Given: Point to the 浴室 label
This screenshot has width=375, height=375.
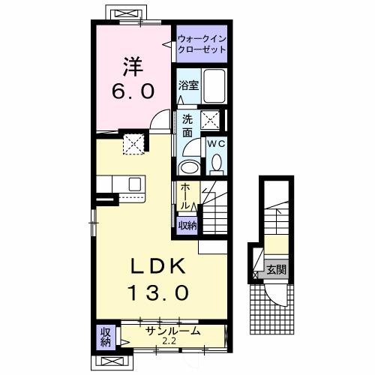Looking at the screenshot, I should coord(187,86).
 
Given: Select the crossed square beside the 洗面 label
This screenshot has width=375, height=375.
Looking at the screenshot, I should coord(212,118).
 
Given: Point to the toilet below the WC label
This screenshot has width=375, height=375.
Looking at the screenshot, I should coord(216,162).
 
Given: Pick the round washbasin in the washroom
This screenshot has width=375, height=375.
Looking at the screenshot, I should coord(190,166).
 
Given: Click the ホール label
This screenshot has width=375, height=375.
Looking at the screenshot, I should coord(184,196).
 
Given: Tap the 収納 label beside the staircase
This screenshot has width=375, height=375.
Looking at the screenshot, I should coord(187,224).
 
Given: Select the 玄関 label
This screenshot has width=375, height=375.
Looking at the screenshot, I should coord(275,268).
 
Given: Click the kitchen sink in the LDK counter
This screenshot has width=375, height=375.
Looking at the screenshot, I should coord(136,184).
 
